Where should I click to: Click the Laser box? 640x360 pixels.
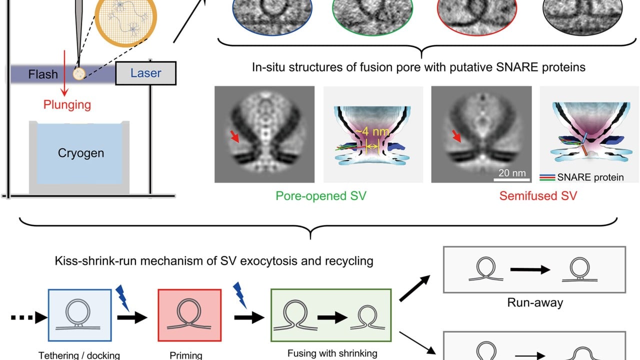click(x=145, y=73)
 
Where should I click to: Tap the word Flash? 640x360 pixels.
click(x=43, y=74)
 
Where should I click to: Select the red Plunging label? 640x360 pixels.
click(x=67, y=104)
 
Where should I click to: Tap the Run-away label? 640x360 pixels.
click(x=534, y=302)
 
